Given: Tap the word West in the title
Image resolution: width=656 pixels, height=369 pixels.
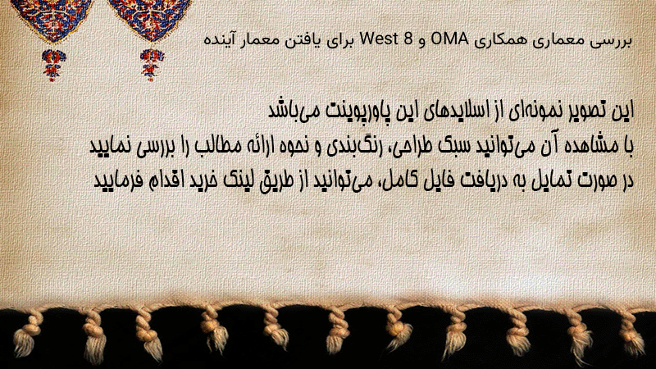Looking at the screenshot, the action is coord(378,39).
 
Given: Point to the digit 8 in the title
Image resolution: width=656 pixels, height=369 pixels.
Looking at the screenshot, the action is coord(408,39).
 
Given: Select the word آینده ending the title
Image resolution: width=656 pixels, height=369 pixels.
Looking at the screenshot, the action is coord(220,40).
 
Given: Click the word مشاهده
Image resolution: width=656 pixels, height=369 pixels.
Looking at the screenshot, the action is coord(589,146).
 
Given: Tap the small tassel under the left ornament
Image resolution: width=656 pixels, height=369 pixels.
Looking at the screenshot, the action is coord(53,65).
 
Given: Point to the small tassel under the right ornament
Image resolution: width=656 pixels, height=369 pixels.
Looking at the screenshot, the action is coord(152,64).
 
